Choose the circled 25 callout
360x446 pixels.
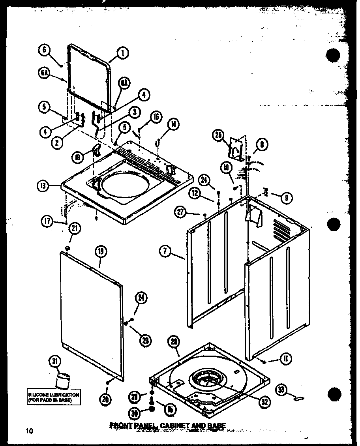tap(218, 135)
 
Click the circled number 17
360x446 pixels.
tap(48, 222)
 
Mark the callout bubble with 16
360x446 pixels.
tap(156, 116)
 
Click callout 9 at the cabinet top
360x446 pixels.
tap(286, 197)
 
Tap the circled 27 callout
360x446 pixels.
tap(181, 213)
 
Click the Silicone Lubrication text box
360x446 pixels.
tap(53, 397)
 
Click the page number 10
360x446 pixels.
tap(28, 431)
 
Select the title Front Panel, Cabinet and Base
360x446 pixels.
tap(167, 426)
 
